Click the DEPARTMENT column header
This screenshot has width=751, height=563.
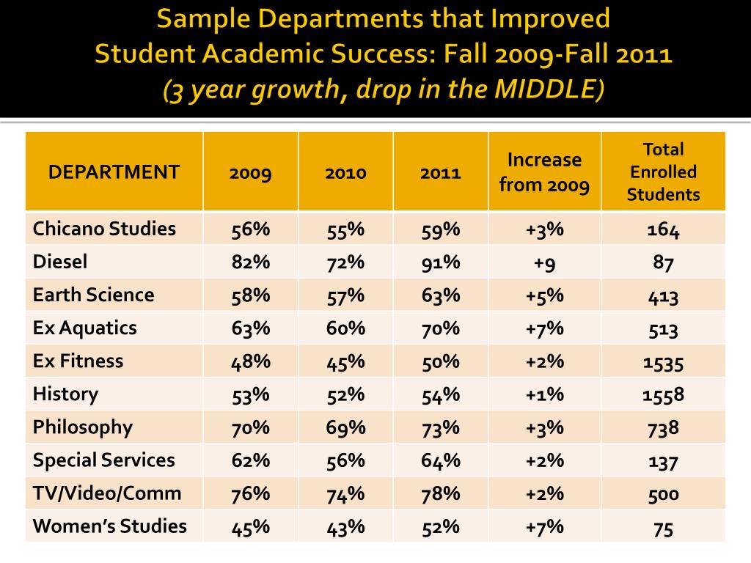point(114,172)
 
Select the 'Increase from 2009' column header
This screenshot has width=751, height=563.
point(544,172)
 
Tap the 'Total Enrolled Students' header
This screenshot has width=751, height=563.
point(663,172)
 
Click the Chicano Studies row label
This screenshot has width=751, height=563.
point(104,229)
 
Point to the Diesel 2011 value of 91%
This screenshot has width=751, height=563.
point(440,262)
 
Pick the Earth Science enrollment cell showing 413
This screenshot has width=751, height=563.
point(663,295)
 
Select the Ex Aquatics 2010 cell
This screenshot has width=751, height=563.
point(345,328)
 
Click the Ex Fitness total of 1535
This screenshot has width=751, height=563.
point(663,361)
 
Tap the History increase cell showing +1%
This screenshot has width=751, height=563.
point(544,394)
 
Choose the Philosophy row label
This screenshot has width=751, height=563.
point(82,427)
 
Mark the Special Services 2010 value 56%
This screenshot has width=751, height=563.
point(345,460)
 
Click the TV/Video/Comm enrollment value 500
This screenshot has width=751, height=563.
point(663,493)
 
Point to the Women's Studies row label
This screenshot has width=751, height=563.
point(109,526)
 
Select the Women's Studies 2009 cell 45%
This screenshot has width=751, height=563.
point(250,526)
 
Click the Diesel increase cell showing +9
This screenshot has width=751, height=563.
point(544,262)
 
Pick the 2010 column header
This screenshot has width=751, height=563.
point(345,173)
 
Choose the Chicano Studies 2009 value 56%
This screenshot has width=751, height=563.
point(250,229)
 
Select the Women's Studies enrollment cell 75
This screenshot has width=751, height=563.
point(663,528)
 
